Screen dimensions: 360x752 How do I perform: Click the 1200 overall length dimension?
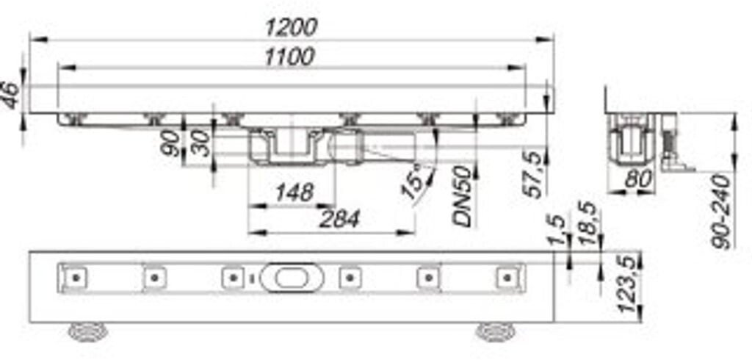click(x=292, y=28)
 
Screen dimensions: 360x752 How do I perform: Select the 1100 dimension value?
click(x=291, y=56)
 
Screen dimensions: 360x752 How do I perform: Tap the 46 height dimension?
click(x=11, y=96)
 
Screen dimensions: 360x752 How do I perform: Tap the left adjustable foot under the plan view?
click(x=87, y=331)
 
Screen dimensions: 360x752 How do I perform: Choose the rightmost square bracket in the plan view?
click(x=506, y=278)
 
